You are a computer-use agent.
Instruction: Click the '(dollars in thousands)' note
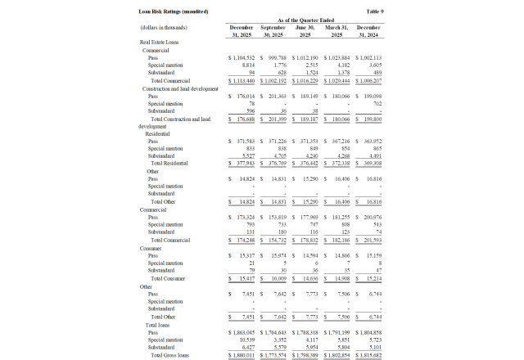click(x=162, y=27)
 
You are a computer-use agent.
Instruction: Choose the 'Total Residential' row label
click(x=169, y=163)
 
